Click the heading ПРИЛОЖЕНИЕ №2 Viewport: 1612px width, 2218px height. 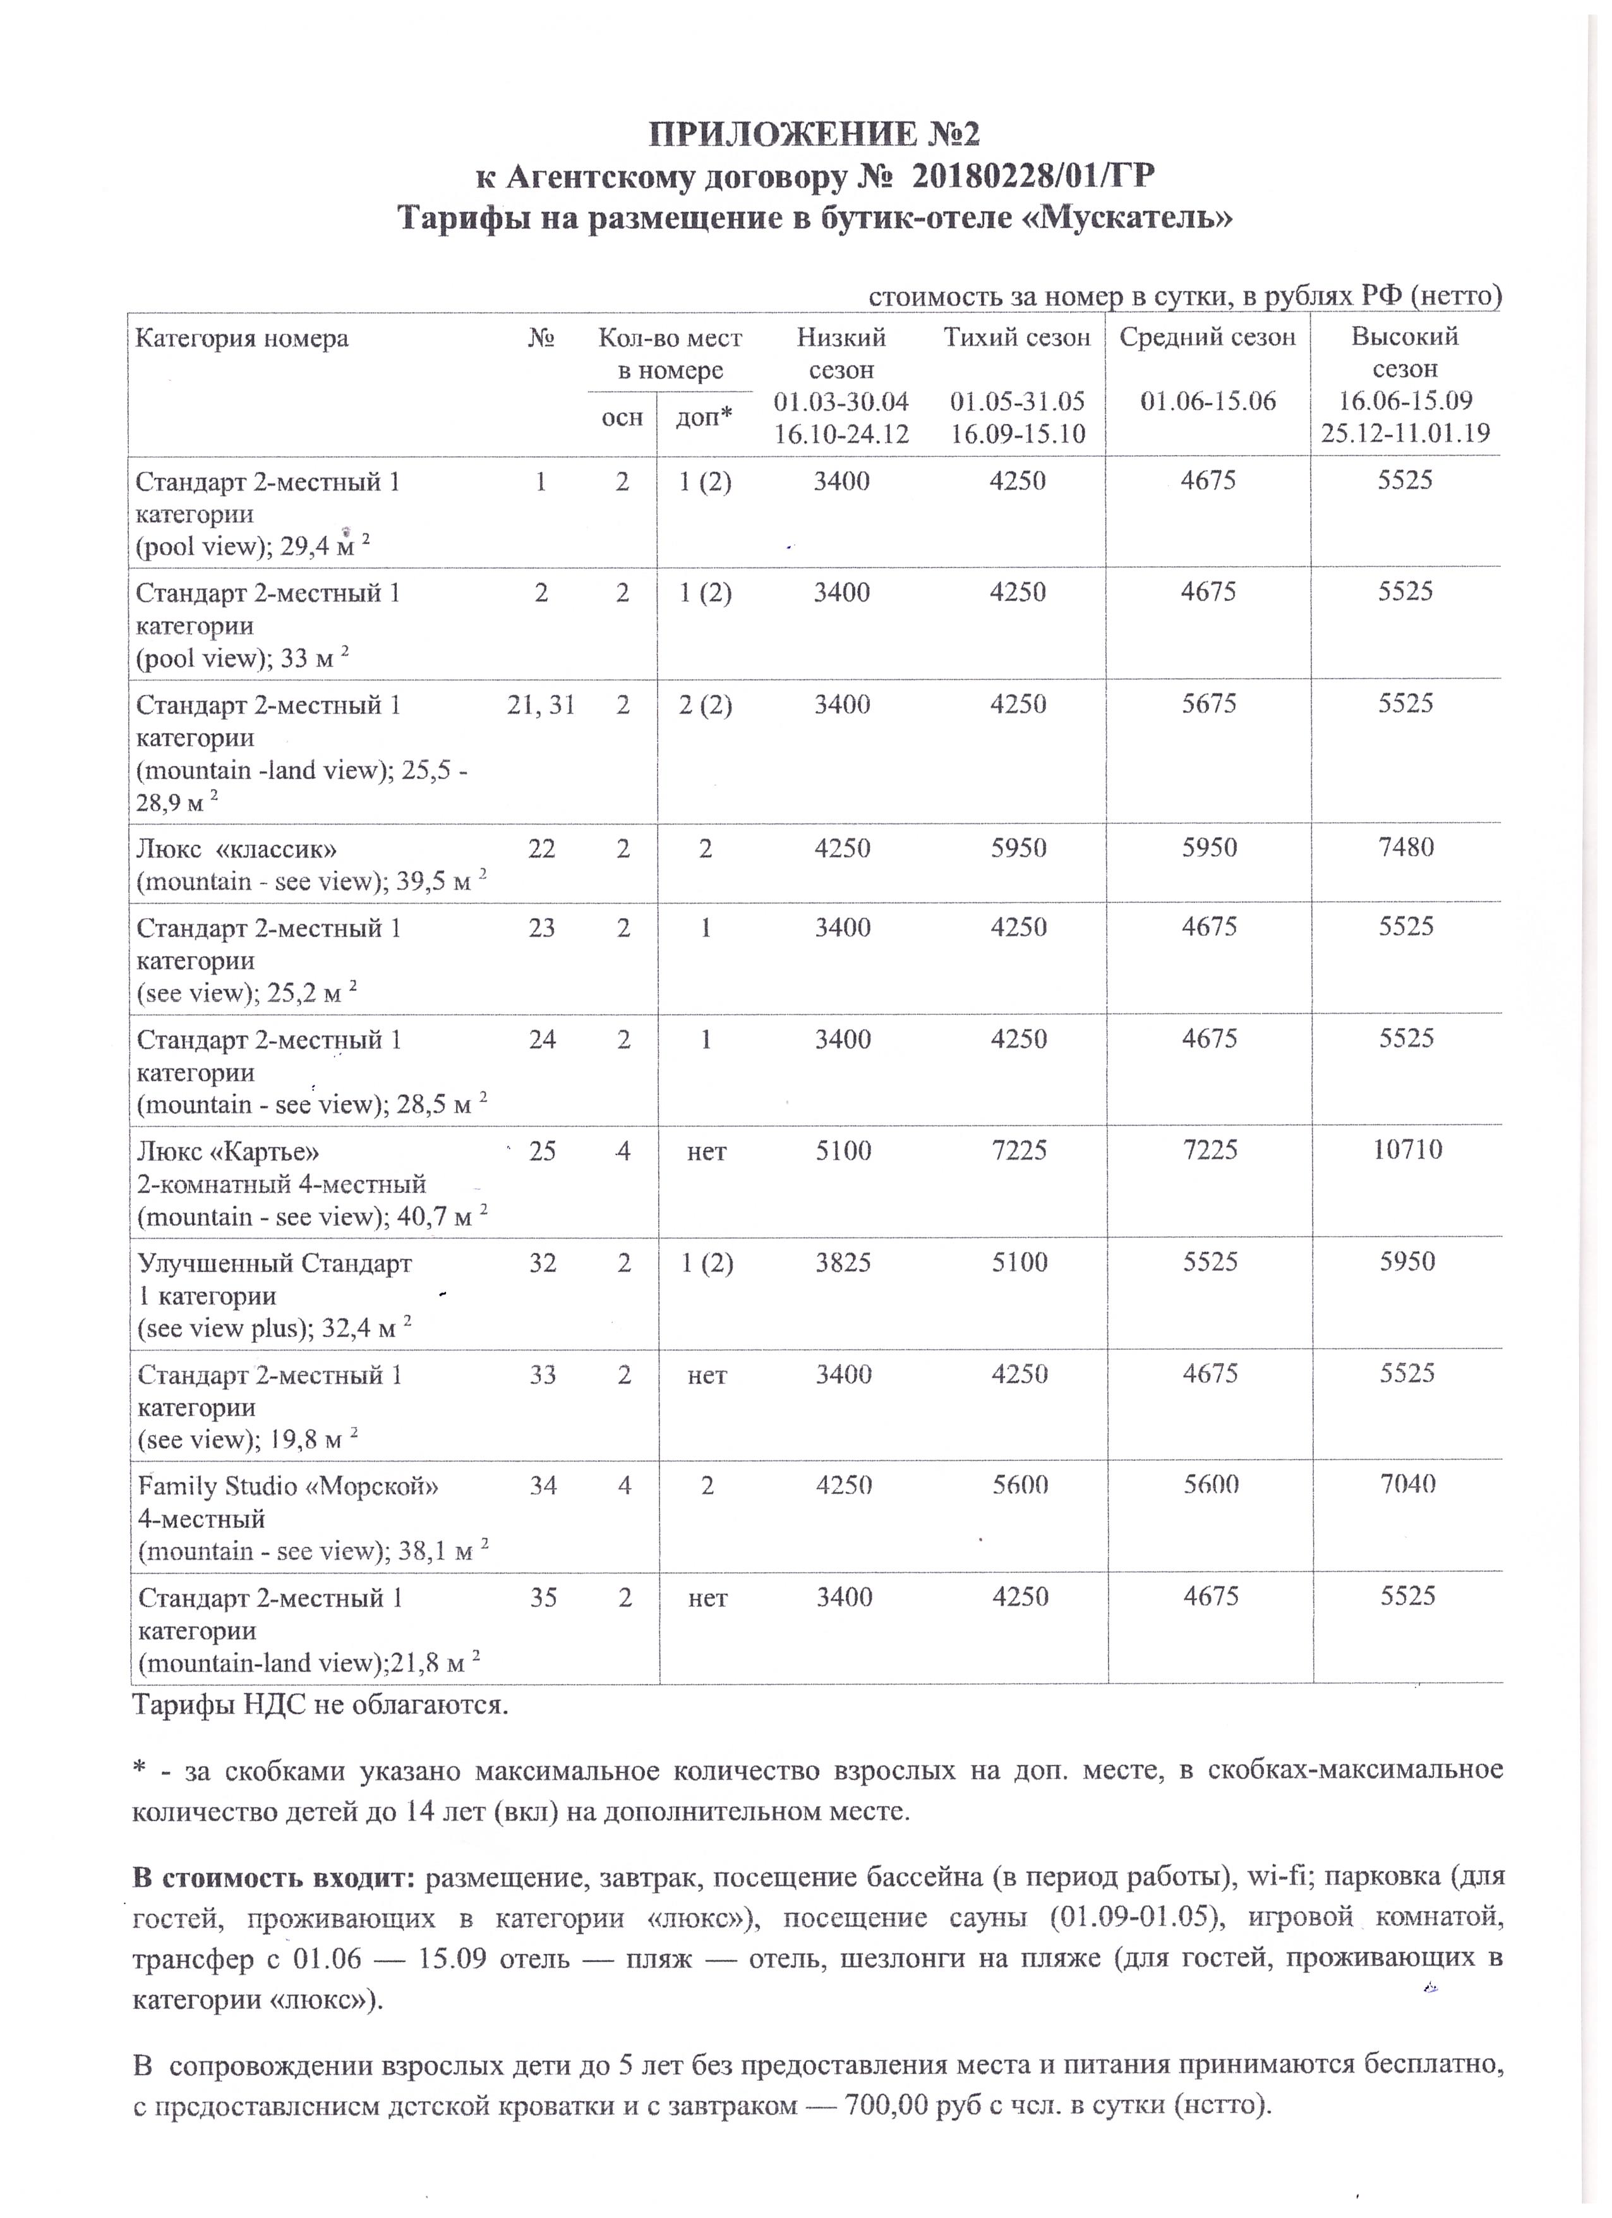814,134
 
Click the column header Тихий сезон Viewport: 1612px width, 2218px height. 1017,338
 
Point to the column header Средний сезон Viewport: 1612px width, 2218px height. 1207,338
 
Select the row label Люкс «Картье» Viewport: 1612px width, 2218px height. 229,1151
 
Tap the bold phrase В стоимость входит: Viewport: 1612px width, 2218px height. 275,1877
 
